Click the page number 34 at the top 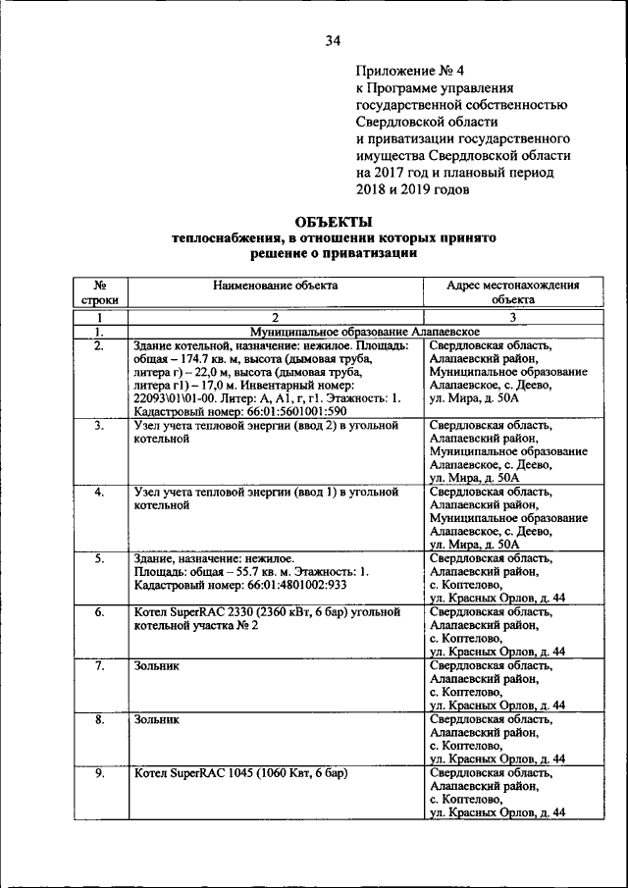point(333,40)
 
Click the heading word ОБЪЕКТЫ point(334,222)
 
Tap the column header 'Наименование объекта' point(275,286)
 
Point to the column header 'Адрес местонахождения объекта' point(512,292)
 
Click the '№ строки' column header point(99,292)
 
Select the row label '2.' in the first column point(99,345)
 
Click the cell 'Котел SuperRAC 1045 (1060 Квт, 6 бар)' point(240,773)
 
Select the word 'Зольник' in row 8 point(157,719)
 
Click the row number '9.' point(99,773)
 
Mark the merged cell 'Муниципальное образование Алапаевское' point(349,333)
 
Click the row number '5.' point(99,558)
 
